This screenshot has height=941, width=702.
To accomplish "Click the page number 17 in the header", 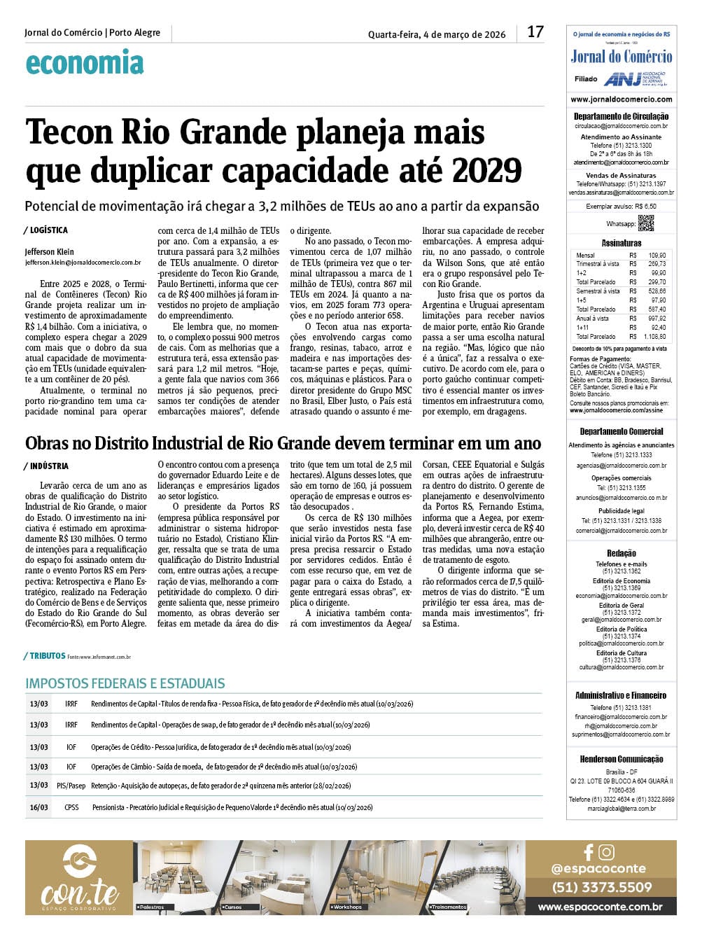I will pos(535,32).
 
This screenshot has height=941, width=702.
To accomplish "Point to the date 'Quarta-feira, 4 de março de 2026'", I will pos(437,34).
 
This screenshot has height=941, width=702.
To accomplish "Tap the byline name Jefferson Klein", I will pos(49,252).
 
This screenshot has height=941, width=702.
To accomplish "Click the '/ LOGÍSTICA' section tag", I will pos(46,230).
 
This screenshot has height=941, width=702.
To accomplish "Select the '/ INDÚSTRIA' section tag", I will pos(46,466).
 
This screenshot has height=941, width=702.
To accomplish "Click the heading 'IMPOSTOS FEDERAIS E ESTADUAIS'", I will pos(125,683).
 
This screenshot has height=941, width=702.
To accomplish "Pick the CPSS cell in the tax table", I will pos(71,807).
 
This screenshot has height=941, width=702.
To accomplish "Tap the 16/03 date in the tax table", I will pos(39,807).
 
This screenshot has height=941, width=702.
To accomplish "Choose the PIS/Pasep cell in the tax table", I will pos(71,786).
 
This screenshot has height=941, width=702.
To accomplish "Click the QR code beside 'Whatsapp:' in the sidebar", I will pos(645,223).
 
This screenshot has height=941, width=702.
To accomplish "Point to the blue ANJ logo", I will pos(623,79).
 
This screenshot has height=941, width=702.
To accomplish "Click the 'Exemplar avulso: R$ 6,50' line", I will pos(621,207).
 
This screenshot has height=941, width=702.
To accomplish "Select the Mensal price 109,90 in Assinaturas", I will pos(657,256).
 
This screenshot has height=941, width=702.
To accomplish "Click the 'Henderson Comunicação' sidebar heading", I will pos(621,760).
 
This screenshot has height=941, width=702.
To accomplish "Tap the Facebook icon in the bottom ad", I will pos(589,852).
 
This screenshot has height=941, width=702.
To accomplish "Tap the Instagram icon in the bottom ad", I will pos(607,852).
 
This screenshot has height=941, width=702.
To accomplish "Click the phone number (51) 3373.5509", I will pos(601,887).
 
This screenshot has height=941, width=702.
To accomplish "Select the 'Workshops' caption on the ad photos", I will pos(348,907).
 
